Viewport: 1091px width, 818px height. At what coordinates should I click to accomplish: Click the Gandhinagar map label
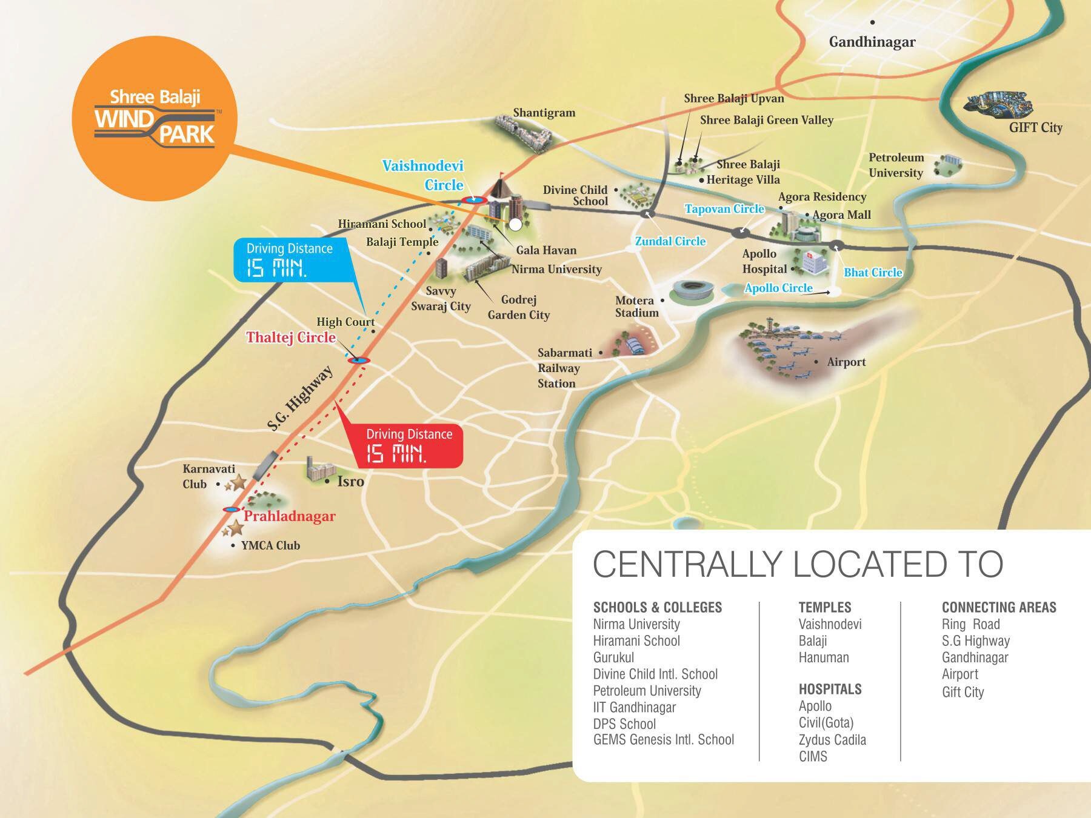pos(872,42)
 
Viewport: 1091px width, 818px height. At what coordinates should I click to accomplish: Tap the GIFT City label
pos(1035,127)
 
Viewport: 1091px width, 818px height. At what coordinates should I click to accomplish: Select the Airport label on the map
pos(846,362)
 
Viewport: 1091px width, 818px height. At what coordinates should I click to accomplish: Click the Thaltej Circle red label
pos(290,338)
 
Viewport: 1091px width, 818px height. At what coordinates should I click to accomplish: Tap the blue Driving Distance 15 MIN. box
pos(290,259)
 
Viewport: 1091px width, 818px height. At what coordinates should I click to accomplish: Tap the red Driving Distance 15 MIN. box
pos(409,445)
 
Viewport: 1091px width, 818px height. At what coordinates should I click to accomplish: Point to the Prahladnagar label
pos(289,516)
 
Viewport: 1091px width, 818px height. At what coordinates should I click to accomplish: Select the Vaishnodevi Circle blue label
pos(423,175)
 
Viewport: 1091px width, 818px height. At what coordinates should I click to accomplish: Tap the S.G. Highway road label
pos(301,398)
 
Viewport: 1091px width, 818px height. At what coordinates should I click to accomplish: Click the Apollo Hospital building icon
pos(813,261)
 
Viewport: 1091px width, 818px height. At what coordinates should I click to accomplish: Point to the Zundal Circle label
pos(670,241)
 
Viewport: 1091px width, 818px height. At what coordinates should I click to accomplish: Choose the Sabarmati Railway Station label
pos(558,368)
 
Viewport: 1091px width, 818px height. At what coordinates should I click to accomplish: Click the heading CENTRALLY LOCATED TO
pos(798,564)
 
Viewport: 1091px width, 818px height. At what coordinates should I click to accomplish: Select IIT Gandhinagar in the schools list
pos(634,707)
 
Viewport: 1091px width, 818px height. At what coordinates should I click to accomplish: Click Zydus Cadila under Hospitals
pos(832,740)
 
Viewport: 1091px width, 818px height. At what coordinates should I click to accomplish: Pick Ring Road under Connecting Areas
pos(970,624)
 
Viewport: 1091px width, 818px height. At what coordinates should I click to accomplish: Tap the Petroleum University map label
pos(896,165)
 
